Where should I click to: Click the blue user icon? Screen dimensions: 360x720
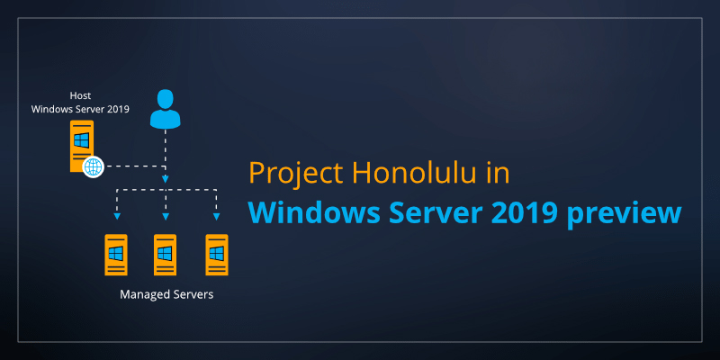(x=165, y=110)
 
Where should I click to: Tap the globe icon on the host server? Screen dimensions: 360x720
(x=93, y=166)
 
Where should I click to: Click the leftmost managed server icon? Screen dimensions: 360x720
(x=115, y=255)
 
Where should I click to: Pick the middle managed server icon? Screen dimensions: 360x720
(x=165, y=255)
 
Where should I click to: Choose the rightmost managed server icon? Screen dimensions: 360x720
(x=216, y=255)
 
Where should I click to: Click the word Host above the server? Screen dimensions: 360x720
(x=80, y=95)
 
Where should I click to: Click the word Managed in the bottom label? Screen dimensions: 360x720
(x=146, y=294)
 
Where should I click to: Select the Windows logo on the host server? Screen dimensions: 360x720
(x=82, y=141)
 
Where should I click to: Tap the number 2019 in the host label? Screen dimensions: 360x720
(x=117, y=110)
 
